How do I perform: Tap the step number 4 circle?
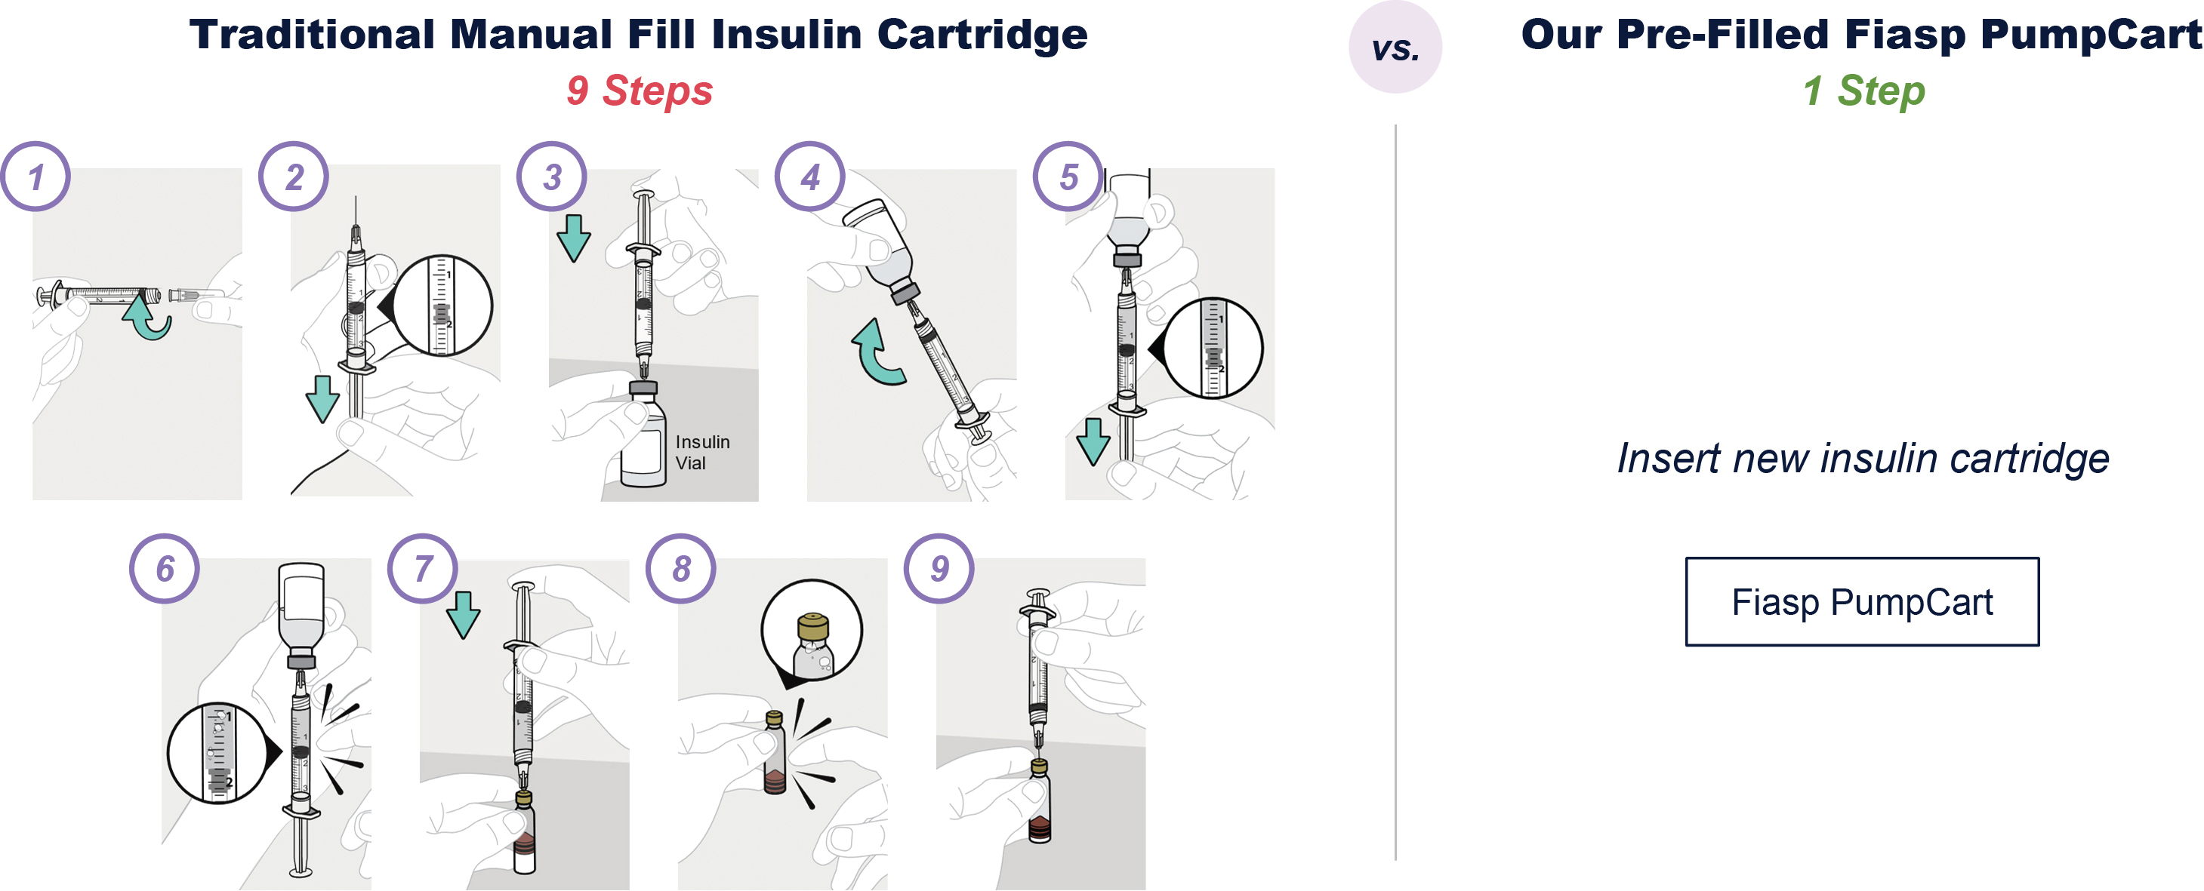coord(809,177)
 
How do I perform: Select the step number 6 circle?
coord(165,569)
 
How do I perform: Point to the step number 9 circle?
coord(939,569)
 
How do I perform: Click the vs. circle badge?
coord(1395,48)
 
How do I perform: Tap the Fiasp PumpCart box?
coord(1862,602)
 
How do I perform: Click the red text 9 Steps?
coord(639,91)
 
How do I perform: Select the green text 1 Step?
coord(1863,91)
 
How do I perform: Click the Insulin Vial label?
coord(701,453)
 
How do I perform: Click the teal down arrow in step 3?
coord(573,238)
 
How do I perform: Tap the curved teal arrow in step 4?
coord(877,352)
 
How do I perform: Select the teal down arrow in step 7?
coord(463,614)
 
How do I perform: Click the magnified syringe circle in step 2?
coord(442,306)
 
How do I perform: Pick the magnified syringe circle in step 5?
coord(1213,348)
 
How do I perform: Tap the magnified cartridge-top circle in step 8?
coord(811,631)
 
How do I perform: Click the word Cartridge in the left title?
coord(982,35)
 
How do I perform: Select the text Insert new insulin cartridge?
coord(1862,459)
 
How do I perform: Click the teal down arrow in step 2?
coord(322,398)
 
